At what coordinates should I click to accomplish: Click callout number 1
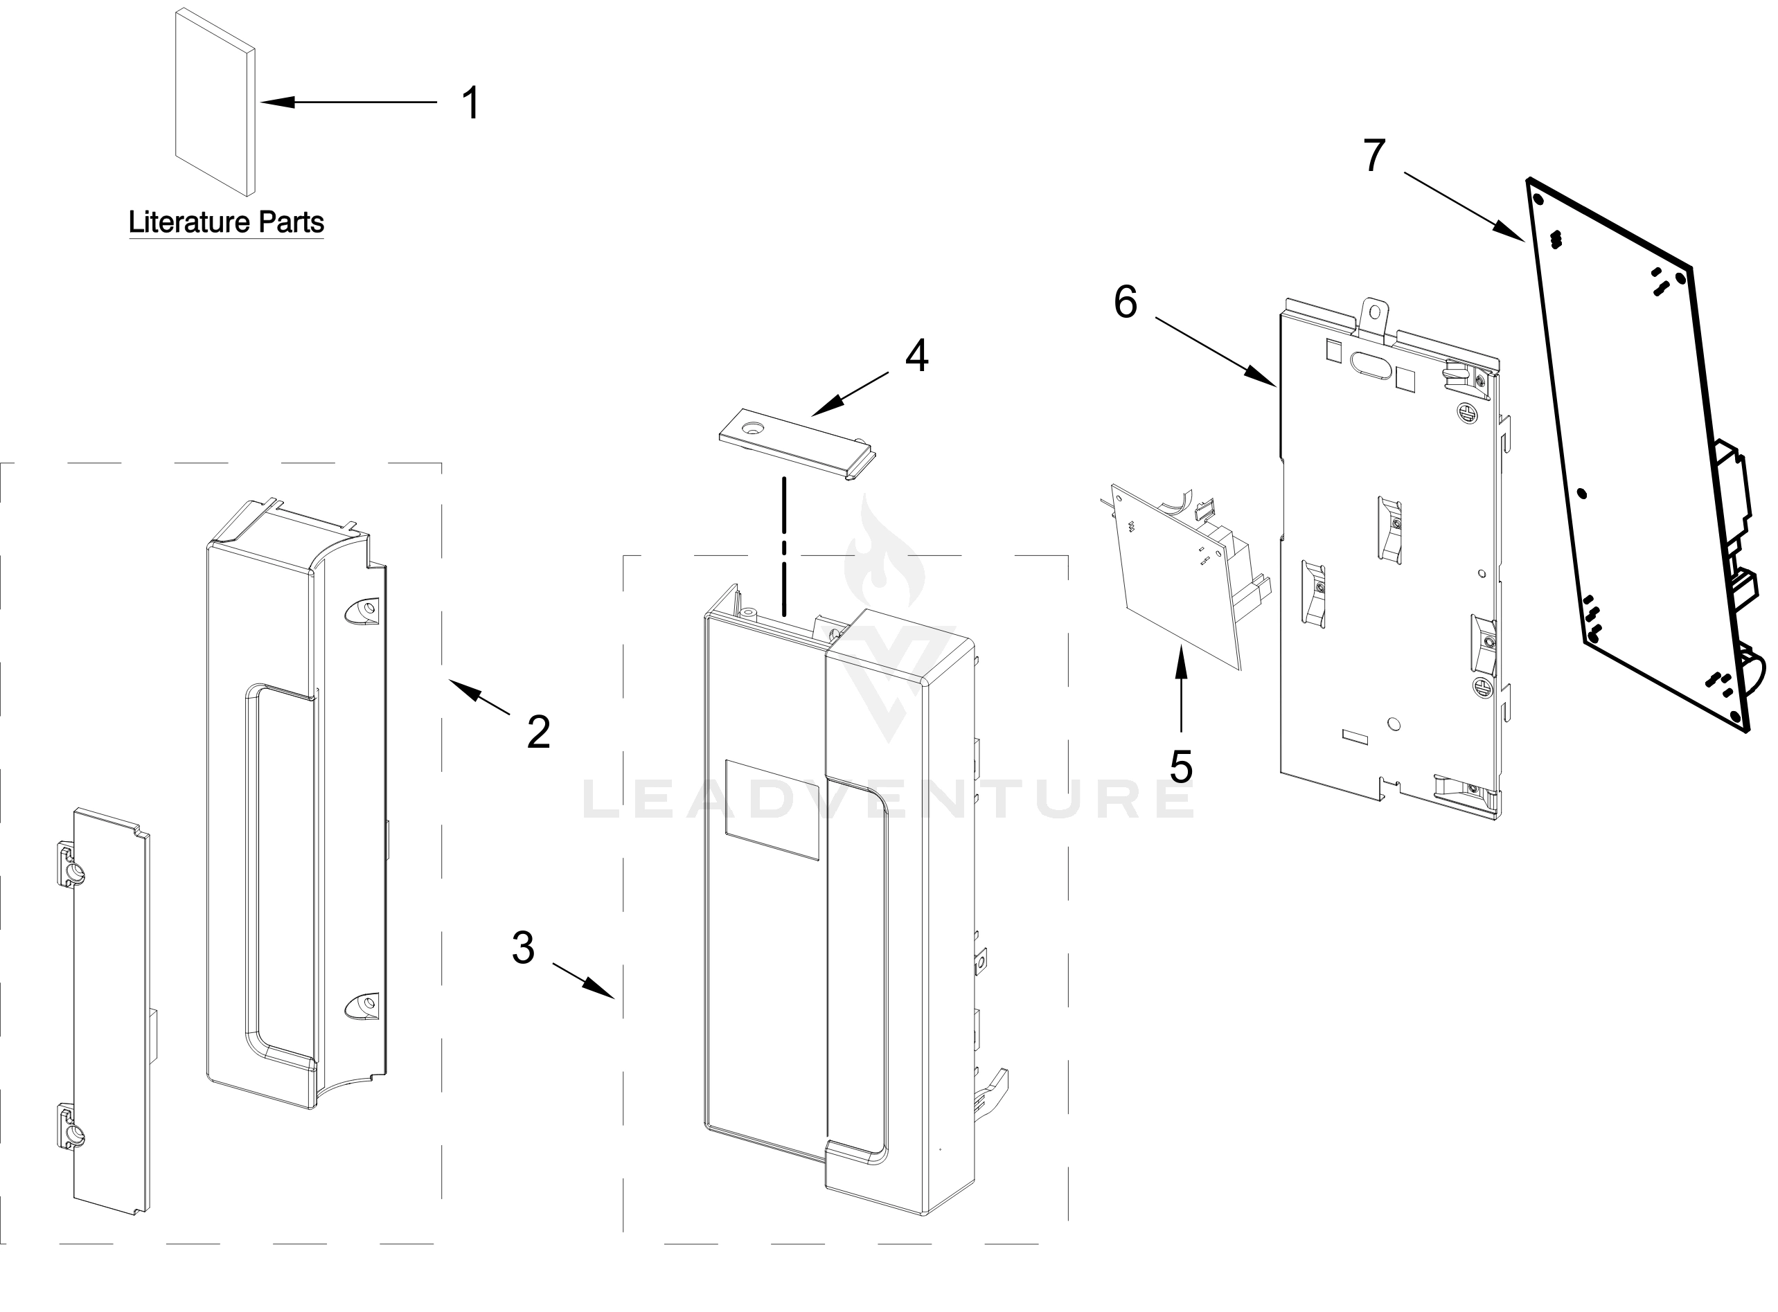point(471,103)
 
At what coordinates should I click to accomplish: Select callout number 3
point(523,947)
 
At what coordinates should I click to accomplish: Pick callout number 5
point(1182,766)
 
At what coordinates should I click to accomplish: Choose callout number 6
point(1125,303)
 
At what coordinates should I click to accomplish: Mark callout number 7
point(1374,156)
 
